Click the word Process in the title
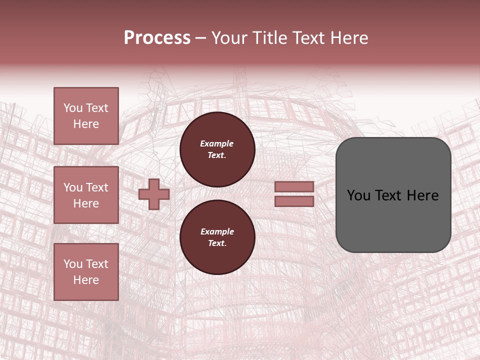pos(157,38)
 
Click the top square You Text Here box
pos(86,116)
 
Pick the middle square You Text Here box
pos(86,195)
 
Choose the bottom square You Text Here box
pos(86,272)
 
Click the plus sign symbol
pos(154,194)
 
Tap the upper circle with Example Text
pos(217,149)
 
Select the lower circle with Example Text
pos(217,237)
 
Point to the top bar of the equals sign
pos(294,186)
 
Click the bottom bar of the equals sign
pos(294,201)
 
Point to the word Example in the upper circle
pos(217,143)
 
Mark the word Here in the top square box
pos(86,124)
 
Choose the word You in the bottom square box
pos(72,264)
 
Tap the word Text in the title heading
pos(306,38)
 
